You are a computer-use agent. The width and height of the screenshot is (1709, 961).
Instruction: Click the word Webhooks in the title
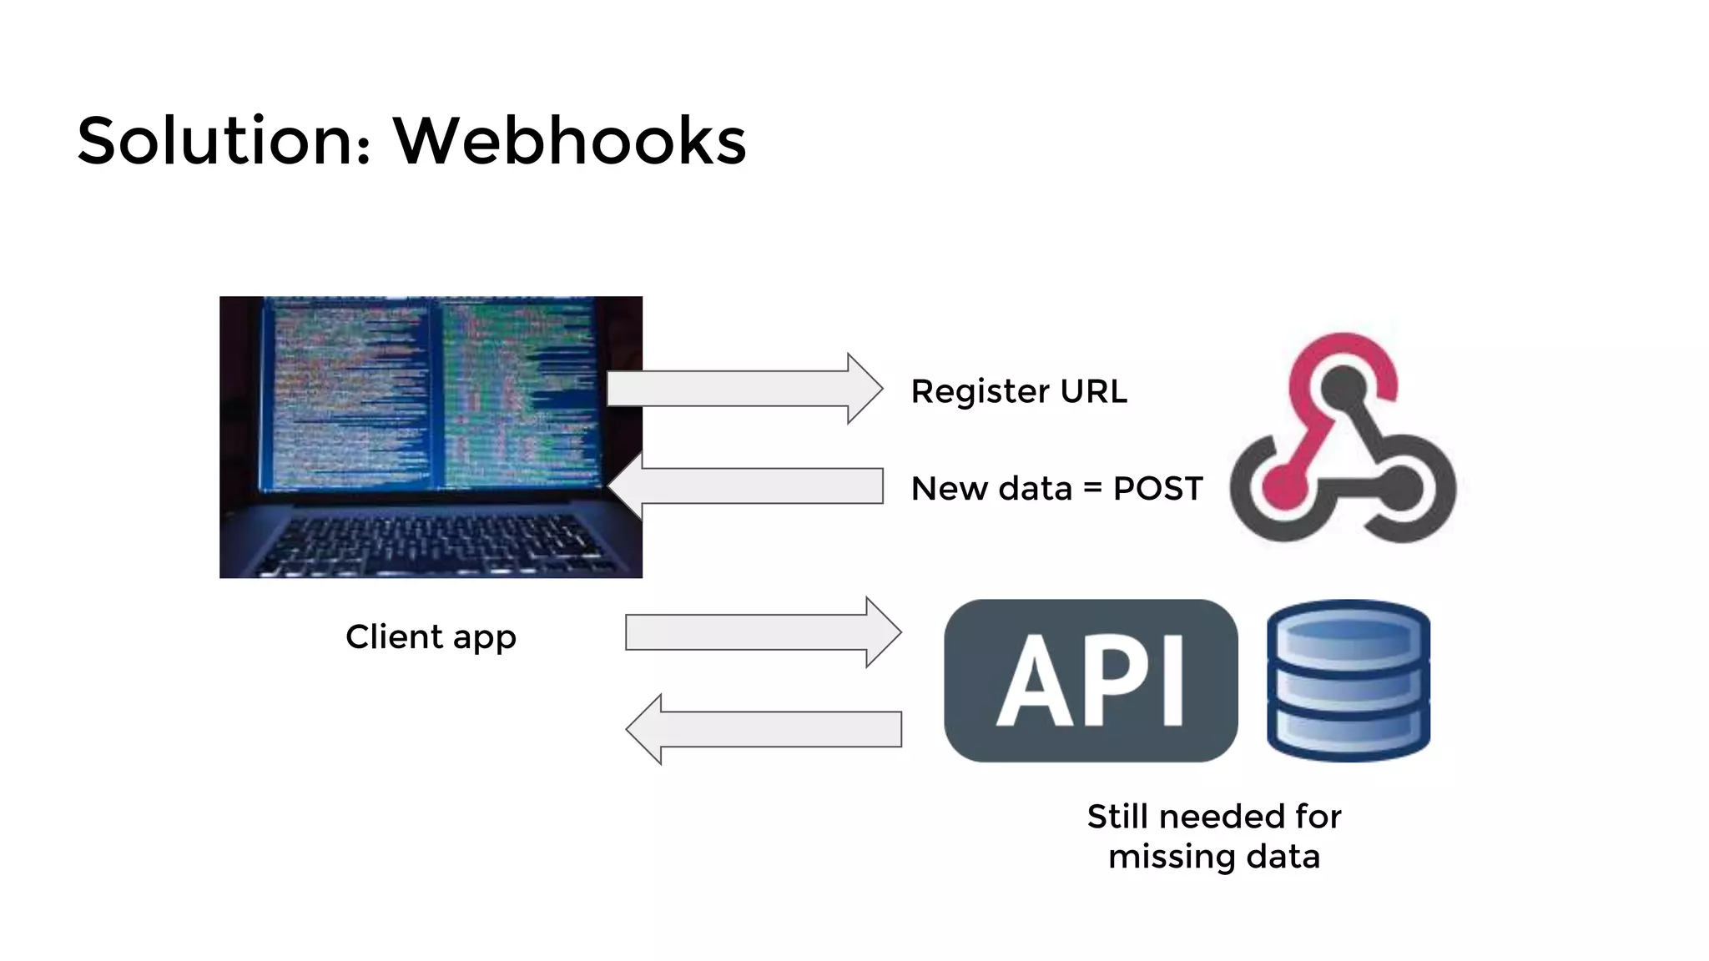tap(569, 140)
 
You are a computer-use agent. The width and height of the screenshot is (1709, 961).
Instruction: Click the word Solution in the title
tap(215, 140)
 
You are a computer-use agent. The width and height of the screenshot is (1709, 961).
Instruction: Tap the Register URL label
tap(1018, 391)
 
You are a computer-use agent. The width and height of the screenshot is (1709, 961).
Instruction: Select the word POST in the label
tap(1157, 489)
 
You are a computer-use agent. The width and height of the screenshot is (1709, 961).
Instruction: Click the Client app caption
tap(431, 637)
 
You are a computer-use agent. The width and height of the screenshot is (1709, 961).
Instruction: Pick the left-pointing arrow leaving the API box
tap(763, 729)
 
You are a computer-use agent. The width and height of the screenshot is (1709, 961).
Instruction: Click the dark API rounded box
tap(1090, 680)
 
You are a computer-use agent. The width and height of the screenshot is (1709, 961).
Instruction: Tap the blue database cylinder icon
tap(1348, 680)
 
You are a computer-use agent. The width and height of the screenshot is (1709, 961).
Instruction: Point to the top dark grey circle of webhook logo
tap(1344, 387)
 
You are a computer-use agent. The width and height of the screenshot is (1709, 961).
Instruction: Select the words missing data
tap(1213, 858)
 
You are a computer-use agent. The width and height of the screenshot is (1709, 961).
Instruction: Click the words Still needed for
tap(1213, 817)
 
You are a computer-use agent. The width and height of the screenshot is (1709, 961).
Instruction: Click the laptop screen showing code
tap(431, 396)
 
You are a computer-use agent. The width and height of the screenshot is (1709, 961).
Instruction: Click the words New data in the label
tap(991, 489)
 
